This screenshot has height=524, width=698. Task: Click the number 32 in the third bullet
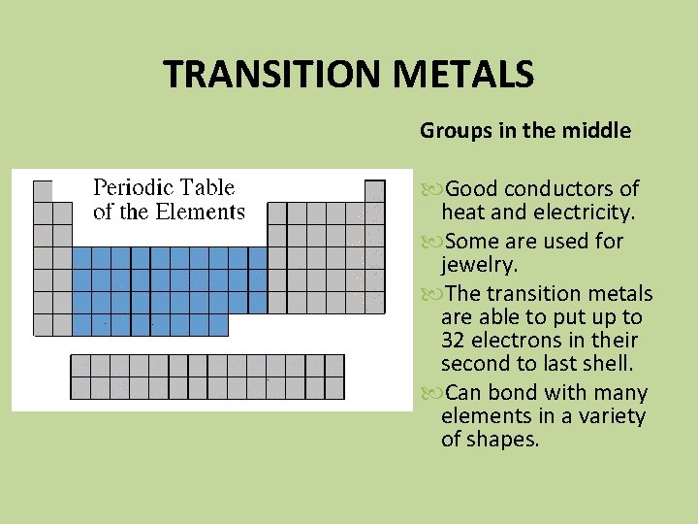coord(454,340)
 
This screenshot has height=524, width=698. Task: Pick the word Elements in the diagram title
coord(206,211)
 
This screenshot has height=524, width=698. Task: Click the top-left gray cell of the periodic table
coord(43,190)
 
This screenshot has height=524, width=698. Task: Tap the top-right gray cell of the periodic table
coord(374,190)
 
